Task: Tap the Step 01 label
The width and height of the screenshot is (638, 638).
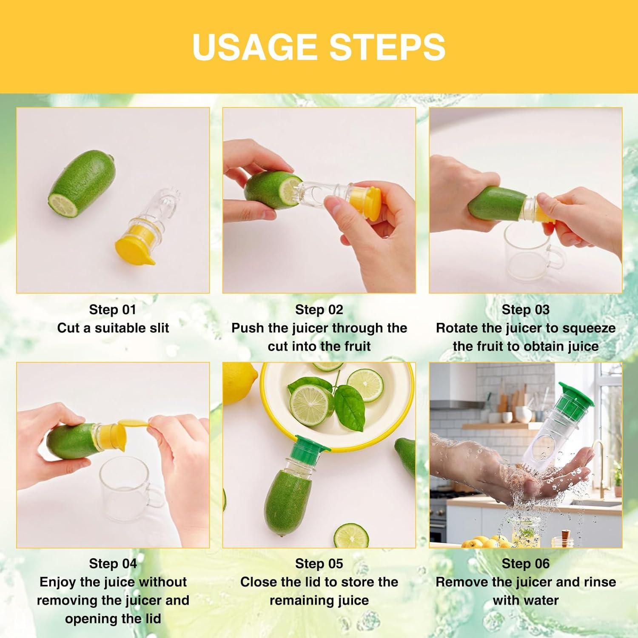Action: point(113,310)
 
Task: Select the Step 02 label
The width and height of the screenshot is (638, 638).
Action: point(319,310)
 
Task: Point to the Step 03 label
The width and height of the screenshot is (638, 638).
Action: point(525,310)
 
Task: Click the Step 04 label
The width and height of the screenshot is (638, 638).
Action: point(113,564)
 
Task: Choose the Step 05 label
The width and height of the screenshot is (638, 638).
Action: point(319,564)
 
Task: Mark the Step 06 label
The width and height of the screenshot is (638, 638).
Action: point(525,564)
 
